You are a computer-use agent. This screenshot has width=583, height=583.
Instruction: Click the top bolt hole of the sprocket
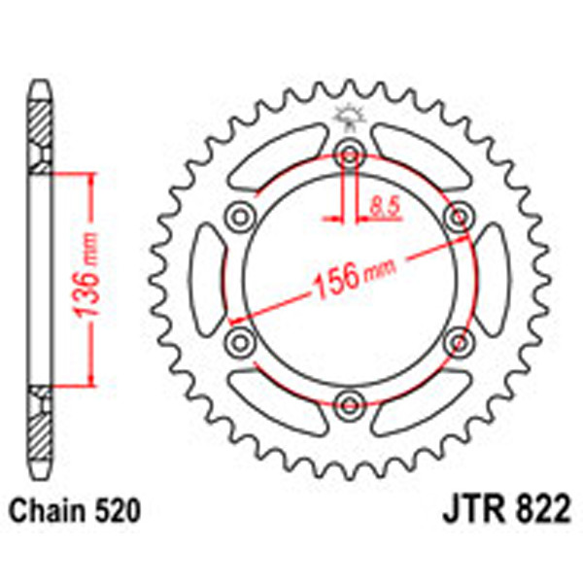pos(348,151)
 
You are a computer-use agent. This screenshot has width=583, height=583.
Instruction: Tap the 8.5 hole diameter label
pos(381,204)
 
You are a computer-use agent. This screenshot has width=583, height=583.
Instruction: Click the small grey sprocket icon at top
pos(348,120)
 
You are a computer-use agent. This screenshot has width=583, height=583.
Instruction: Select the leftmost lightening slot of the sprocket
pos(207,276)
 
